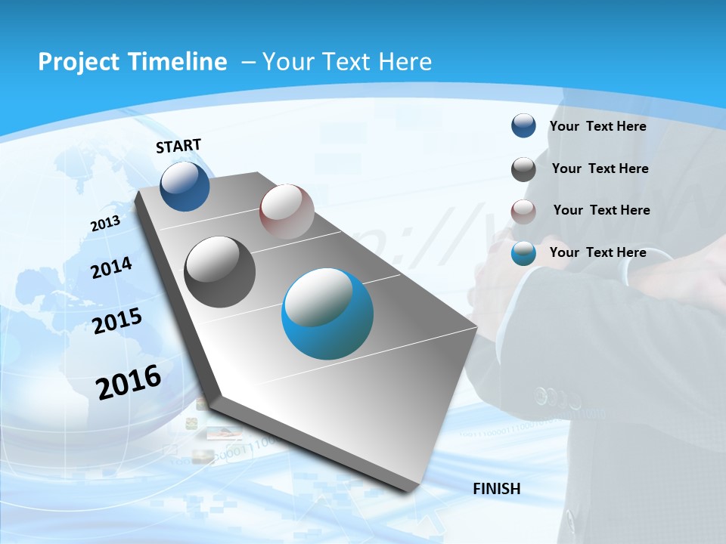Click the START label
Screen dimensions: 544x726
(x=178, y=146)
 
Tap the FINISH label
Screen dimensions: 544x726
(x=496, y=489)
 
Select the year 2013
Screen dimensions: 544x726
(x=105, y=224)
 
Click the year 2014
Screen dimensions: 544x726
(x=111, y=268)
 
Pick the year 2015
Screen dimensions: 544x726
(x=117, y=320)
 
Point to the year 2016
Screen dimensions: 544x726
(x=129, y=382)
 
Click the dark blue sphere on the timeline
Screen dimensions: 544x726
(x=185, y=186)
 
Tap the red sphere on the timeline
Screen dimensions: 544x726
(x=287, y=211)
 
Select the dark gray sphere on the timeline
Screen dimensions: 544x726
(x=220, y=271)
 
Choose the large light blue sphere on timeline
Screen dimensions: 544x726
(x=327, y=314)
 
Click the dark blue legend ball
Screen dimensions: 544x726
(x=523, y=126)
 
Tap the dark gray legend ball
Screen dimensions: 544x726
(x=523, y=169)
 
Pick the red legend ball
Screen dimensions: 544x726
(x=523, y=212)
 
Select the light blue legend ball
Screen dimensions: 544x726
(x=523, y=253)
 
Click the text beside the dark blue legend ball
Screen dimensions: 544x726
(x=597, y=127)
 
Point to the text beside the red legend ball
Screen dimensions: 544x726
(x=601, y=210)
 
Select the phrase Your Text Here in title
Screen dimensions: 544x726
(x=346, y=62)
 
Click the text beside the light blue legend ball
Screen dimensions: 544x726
(x=597, y=252)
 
